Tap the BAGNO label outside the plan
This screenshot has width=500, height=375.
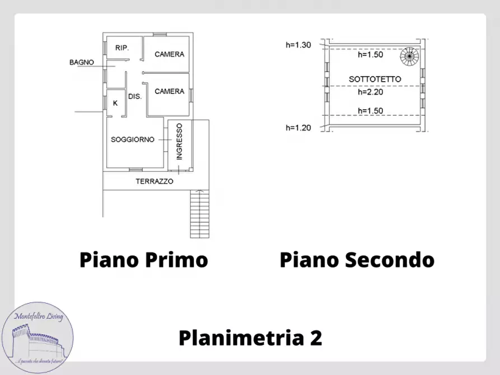point(81,62)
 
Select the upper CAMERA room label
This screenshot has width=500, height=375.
point(169,54)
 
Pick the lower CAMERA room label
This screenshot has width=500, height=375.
point(169,91)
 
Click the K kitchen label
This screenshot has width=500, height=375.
point(115,103)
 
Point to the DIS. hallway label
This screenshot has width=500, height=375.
point(135,96)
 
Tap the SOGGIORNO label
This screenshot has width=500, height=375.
point(132,139)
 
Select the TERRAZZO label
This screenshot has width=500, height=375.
point(155,181)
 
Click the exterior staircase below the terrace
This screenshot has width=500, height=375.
point(200,214)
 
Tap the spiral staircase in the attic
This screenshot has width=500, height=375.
point(409,55)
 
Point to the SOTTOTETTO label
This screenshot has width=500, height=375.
point(375,79)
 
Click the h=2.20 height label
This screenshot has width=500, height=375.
point(370,92)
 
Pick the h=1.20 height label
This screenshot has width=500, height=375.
point(298,128)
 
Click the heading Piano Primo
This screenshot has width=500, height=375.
point(143,260)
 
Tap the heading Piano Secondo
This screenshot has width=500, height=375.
point(357,260)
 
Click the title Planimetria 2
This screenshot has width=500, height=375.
point(250,338)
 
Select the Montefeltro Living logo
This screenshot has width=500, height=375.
point(38,336)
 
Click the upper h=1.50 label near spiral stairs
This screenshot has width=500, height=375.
point(370,55)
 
